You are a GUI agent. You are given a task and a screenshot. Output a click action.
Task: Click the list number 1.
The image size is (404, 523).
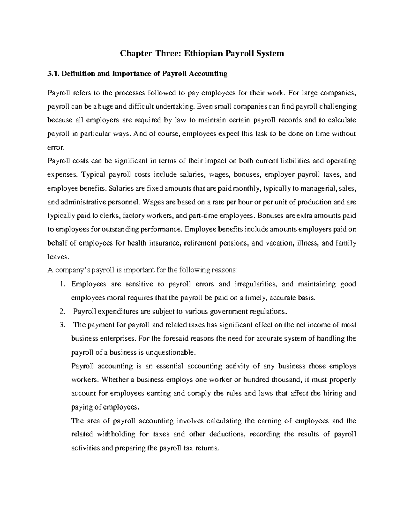(61, 284)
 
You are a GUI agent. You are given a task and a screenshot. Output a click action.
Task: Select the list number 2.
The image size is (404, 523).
(61, 312)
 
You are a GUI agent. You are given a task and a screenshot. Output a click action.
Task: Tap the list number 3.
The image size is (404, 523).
(61, 325)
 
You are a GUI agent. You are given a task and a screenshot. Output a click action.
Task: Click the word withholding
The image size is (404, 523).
(115, 434)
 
